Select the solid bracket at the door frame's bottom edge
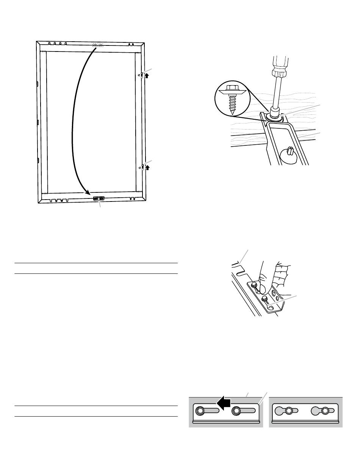99,198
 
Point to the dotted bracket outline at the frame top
98,45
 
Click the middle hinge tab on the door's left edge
38,122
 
